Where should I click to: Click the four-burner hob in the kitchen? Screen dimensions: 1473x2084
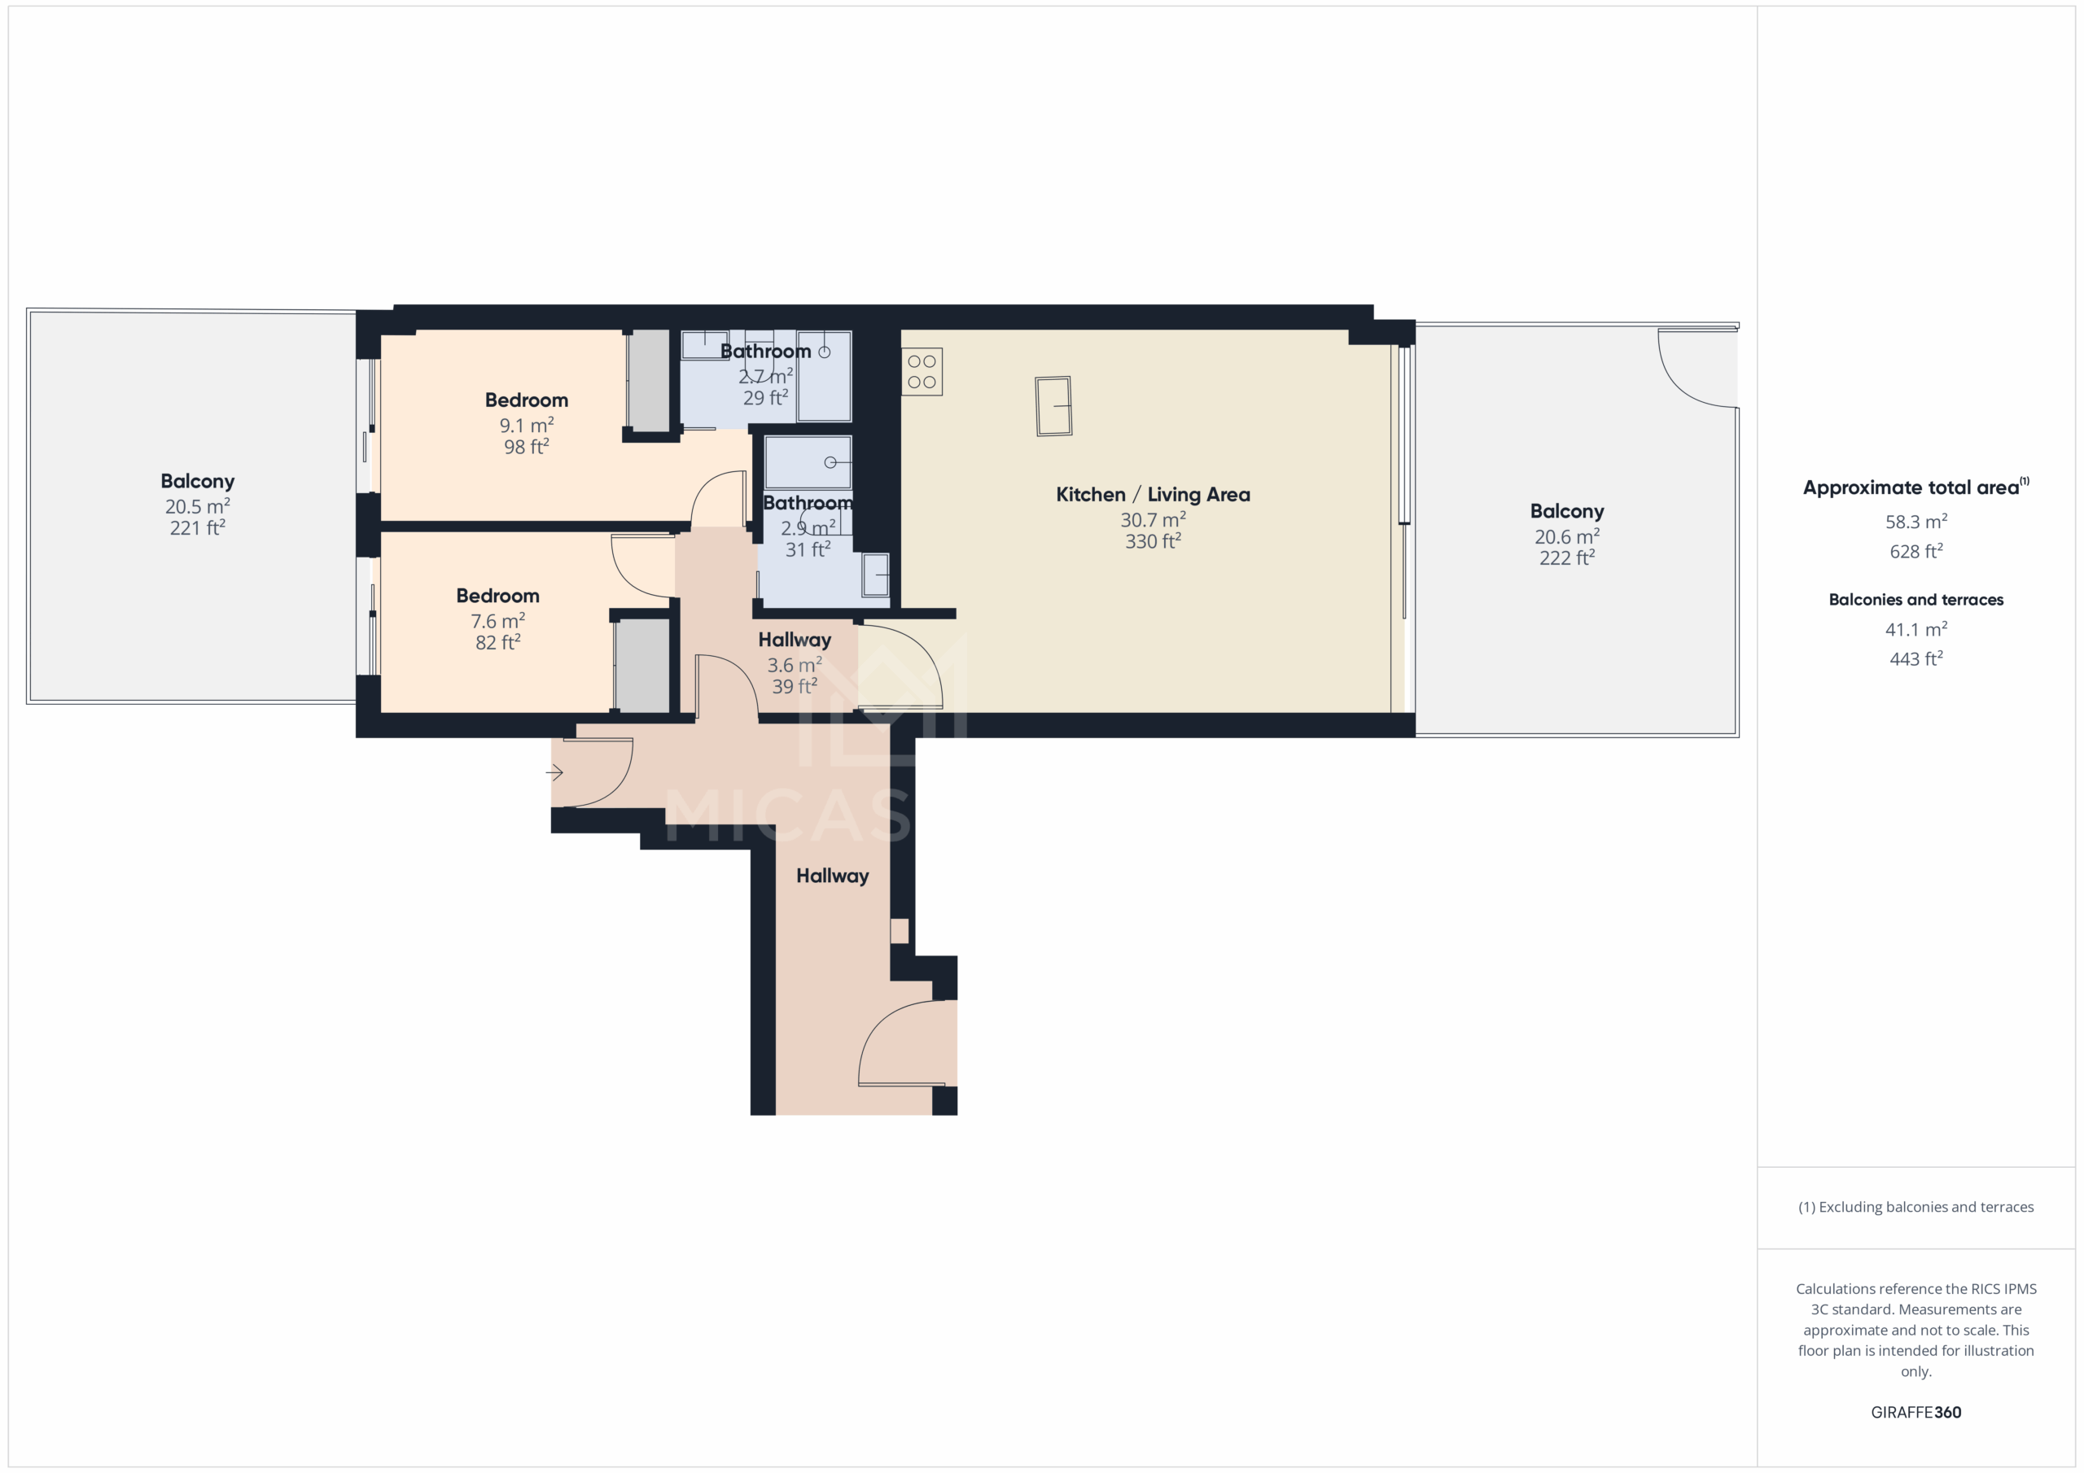tap(922, 371)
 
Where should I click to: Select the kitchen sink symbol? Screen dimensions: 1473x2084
tap(1053, 406)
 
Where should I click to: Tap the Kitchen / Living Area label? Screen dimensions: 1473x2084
tap(1152, 495)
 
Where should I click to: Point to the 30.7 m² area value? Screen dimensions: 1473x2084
tap(1152, 520)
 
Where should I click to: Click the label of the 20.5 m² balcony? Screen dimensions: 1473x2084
tap(197, 481)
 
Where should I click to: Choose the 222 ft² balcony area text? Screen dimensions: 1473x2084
tap(1565, 558)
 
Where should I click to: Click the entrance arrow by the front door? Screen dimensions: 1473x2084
tap(554, 772)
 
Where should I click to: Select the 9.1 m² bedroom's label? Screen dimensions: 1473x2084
tap(527, 400)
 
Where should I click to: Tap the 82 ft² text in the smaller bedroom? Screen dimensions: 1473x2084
tap(497, 643)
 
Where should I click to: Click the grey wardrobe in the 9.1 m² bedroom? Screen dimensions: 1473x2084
tap(649, 380)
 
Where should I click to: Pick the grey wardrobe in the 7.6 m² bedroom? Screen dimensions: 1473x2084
tap(641, 665)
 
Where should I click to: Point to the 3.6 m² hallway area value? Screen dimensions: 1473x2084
tap(795, 665)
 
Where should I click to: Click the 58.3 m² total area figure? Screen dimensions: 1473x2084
tap(1915, 522)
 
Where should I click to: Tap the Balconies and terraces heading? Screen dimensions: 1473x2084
tap(1915, 600)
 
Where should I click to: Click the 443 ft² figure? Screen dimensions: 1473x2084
tap(1915, 659)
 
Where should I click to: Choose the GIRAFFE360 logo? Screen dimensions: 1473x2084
tap(1915, 1412)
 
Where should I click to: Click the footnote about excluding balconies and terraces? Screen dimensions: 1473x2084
tap(1915, 1207)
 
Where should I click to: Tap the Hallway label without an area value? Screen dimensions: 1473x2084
tap(832, 876)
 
